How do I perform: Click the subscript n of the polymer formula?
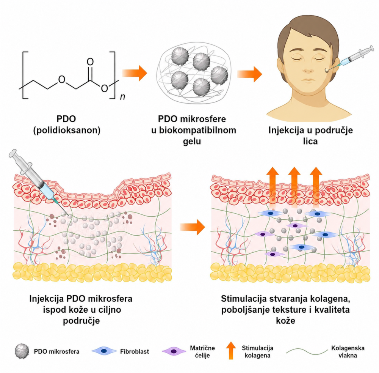122,97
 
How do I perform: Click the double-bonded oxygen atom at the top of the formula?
90,62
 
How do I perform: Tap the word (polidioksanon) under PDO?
67,130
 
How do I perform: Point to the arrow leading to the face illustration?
250,74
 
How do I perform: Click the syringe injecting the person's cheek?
350,59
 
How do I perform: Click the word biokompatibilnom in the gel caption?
194,130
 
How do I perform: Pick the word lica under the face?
310,141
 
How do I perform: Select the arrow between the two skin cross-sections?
193,227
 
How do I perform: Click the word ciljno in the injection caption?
109,310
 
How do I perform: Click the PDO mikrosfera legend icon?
22,351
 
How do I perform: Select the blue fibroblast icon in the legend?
104,351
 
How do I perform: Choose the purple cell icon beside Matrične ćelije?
174,351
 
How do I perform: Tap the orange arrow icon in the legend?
231,351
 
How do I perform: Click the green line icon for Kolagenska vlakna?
307,351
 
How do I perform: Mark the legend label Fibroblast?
135,351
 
